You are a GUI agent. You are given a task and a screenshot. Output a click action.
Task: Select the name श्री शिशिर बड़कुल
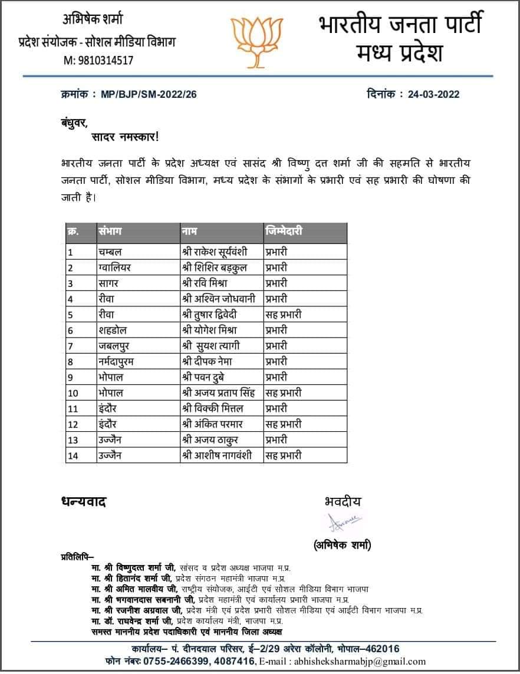coord(214,267)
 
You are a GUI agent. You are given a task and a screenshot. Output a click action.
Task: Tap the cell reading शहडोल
coord(113,330)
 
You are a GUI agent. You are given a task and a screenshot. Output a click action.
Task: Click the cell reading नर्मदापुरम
coord(117,361)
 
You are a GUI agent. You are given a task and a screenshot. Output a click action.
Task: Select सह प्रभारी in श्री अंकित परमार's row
coord(283,424)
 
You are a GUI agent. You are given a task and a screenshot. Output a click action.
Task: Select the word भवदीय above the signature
coord(343,501)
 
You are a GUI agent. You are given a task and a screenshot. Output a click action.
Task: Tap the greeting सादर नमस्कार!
coord(124,137)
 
